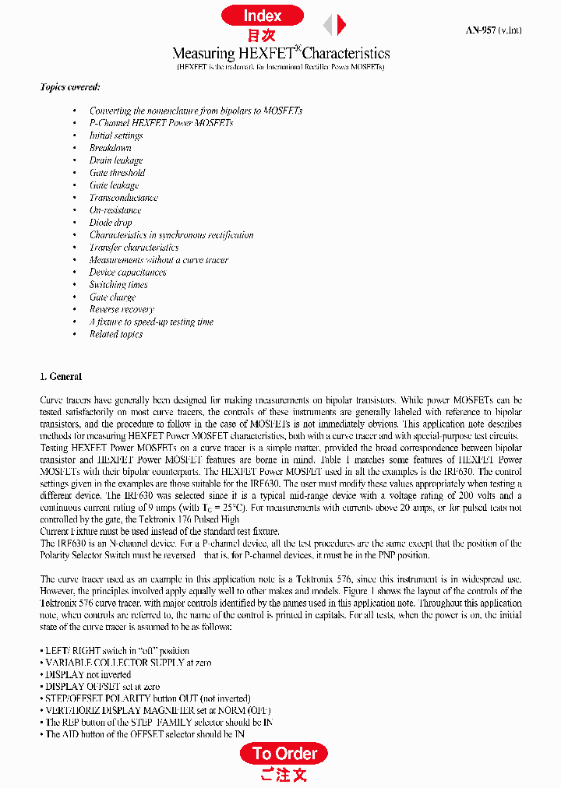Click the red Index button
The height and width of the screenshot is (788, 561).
pyautogui.click(x=262, y=16)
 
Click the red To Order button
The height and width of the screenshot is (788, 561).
pyautogui.click(x=284, y=753)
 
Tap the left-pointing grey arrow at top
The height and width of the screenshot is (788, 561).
pyautogui.click(x=328, y=25)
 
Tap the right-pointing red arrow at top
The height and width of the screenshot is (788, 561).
pyautogui.click(x=341, y=25)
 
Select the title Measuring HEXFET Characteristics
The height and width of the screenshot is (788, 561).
pyautogui.click(x=280, y=53)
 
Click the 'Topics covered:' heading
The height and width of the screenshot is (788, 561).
pyautogui.click(x=69, y=86)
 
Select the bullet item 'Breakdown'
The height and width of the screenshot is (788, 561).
pyautogui.click(x=110, y=148)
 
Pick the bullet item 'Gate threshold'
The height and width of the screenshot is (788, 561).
pyautogui.click(x=117, y=173)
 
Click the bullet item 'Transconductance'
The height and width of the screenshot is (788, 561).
pyautogui.click(x=123, y=198)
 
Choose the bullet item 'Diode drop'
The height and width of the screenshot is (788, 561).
pyautogui.click(x=111, y=223)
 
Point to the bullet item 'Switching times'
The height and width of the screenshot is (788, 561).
pyautogui.click(x=118, y=285)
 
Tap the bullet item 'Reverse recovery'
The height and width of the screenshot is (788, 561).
pyautogui.click(x=122, y=309)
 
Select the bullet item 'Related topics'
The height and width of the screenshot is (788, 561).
pyautogui.click(x=115, y=334)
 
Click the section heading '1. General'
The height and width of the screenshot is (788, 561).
pyautogui.click(x=60, y=376)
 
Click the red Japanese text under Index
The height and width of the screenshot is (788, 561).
pyautogui.click(x=262, y=36)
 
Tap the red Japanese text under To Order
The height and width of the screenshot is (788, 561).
pyautogui.click(x=284, y=774)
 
